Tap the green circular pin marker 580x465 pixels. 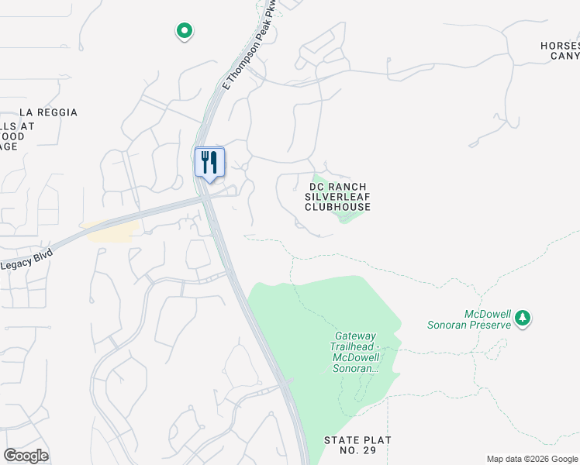click(185, 31)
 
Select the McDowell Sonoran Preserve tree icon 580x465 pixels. click(523, 318)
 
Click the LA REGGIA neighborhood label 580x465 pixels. click(48, 112)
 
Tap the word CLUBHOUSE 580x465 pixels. click(337, 207)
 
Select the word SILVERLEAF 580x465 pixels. click(337, 197)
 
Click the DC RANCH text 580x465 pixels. click(337, 187)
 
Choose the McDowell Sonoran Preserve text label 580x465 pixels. click(469, 319)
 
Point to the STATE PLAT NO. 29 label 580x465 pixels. click(357, 445)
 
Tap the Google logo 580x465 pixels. click(26, 456)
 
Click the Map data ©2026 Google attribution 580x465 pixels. click(532, 459)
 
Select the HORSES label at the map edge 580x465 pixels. click(560, 46)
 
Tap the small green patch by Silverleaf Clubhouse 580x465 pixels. click(350, 216)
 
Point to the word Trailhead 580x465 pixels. click(356, 346)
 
